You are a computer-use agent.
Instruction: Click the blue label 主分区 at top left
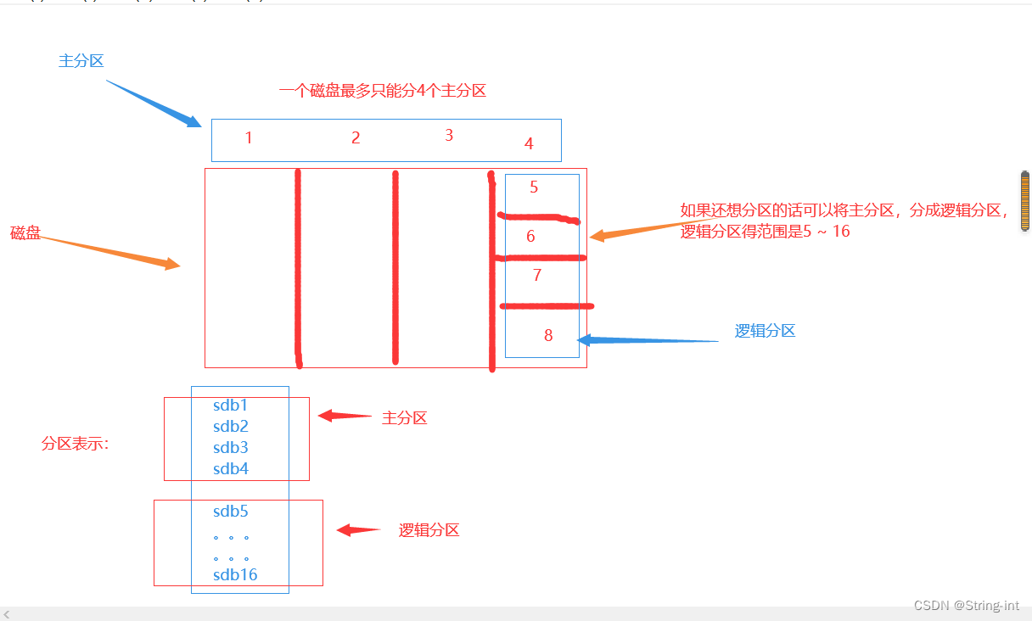point(81,61)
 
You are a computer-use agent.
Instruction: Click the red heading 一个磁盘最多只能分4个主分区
point(383,91)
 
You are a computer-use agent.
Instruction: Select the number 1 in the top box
point(249,137)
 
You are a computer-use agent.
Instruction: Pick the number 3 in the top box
point(449,135)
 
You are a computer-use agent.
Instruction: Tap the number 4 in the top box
point(529,143)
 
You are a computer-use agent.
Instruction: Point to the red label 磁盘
point(25,233)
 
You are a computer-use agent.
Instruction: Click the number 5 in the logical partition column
point(534,187)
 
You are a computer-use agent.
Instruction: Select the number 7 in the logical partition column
point(537,275)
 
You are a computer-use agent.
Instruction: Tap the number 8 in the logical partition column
point(548,335)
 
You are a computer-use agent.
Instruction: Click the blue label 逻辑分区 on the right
point(765,331)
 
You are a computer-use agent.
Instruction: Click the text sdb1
point(231,406)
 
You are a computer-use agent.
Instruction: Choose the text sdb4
point(231,469)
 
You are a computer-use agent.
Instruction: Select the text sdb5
point(231,512)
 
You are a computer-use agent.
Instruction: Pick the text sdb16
point(235,575)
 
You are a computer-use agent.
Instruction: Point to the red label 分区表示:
point(76,444)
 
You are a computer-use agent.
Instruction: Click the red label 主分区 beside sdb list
point(404,418)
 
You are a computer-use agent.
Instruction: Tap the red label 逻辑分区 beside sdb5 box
point(429,530)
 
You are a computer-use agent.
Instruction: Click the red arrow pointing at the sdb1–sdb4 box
point(344,416)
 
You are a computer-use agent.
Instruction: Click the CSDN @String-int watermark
point(967,605)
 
